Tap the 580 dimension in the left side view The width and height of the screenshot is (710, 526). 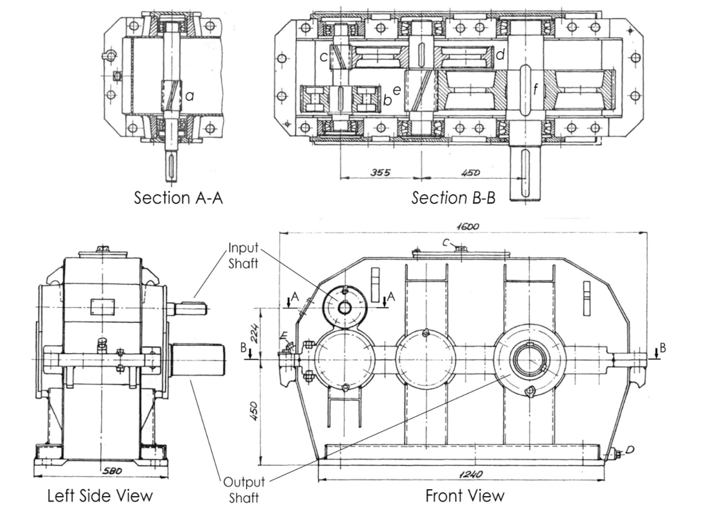pyautogui.click(x=101, y=471)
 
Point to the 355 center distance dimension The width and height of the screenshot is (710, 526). pyautogui.click(x=380, y=171)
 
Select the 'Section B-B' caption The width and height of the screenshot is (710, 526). pyautogui.click(x=453, y=198)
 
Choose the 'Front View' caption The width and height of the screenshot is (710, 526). pyautogui.click(x=465, y=496)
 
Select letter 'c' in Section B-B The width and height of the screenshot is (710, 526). pyautogui.click(x=323, y=56)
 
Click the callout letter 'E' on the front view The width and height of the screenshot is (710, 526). pyautogui.click(x=284, y=337)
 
